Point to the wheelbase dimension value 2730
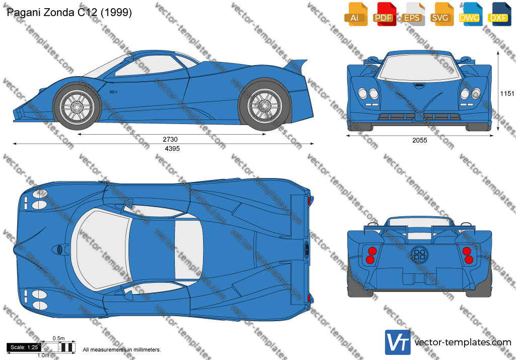tap(170, 139)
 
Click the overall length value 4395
tap(172, 149)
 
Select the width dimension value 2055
tap(420, 140)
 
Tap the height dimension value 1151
tap(507, 94)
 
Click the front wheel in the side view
tap(77, 106)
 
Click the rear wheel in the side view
tap(264, 105)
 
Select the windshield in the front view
tap(419, 68)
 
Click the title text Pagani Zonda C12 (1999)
tap(70, 12)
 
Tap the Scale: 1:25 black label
tap(24, 347)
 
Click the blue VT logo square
tap(398, 342)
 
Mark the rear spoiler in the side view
tap(295, 65)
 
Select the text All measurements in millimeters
tap(122, 349)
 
